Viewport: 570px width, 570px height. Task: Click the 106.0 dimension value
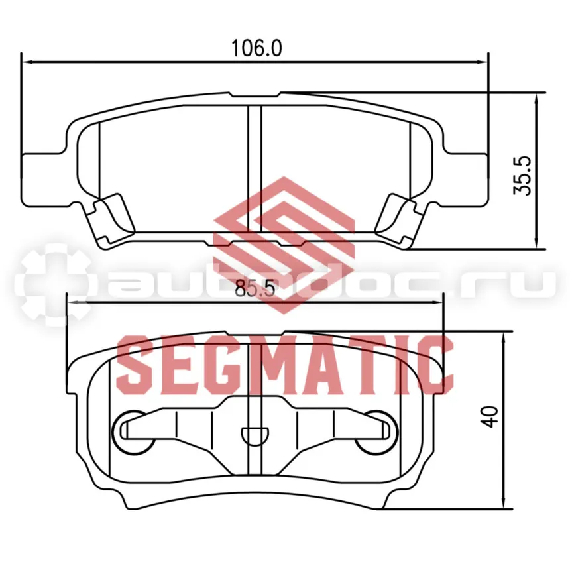pyautogui.click(x=256, y=48)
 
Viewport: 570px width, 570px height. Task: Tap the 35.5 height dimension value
pyautogui.click(x=522, y=176)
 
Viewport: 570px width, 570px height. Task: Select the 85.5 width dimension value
pyautogui.click(x=255, y=290)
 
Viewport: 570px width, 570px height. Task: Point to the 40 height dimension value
pyautogui.click(x=489, y=417)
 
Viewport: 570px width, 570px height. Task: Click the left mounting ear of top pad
pyautogui.click(x=44, y=180)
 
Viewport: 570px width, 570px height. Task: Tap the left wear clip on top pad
pyautogui.click(x=110, y=219)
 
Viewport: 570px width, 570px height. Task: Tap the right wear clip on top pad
pyautogui.click(x=400, y=219)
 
